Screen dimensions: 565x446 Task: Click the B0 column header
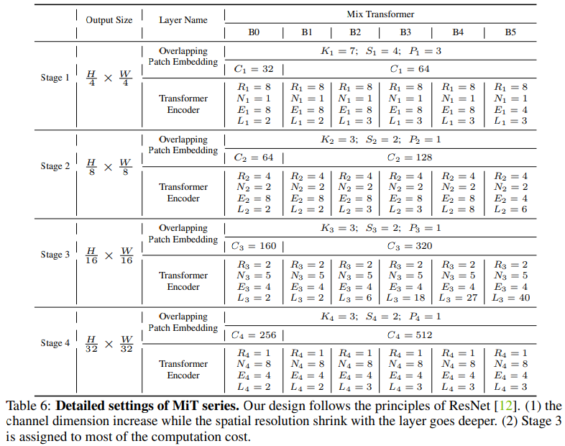pos(254,32)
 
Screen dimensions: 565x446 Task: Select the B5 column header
pos(510,32)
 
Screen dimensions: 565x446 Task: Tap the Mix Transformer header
pos(380,14)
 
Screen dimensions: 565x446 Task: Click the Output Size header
pos(109,20)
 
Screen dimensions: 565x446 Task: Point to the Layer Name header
pos(183,20)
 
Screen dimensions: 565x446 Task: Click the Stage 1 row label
pos(55,78)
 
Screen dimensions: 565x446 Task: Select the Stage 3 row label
pos(55,255)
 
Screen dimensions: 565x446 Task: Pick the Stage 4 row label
pos(55,343)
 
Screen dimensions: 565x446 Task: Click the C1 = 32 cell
pos(254,69)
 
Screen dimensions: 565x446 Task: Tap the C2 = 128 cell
pos(407,158)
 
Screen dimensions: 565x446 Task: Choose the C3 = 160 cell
pos(254,246)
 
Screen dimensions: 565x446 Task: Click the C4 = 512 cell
pos(407,334)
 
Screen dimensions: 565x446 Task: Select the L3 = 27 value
pos(458,298)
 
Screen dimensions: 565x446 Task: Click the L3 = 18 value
pos(407,298)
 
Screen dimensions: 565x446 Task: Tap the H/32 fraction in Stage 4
pos(91,344)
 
